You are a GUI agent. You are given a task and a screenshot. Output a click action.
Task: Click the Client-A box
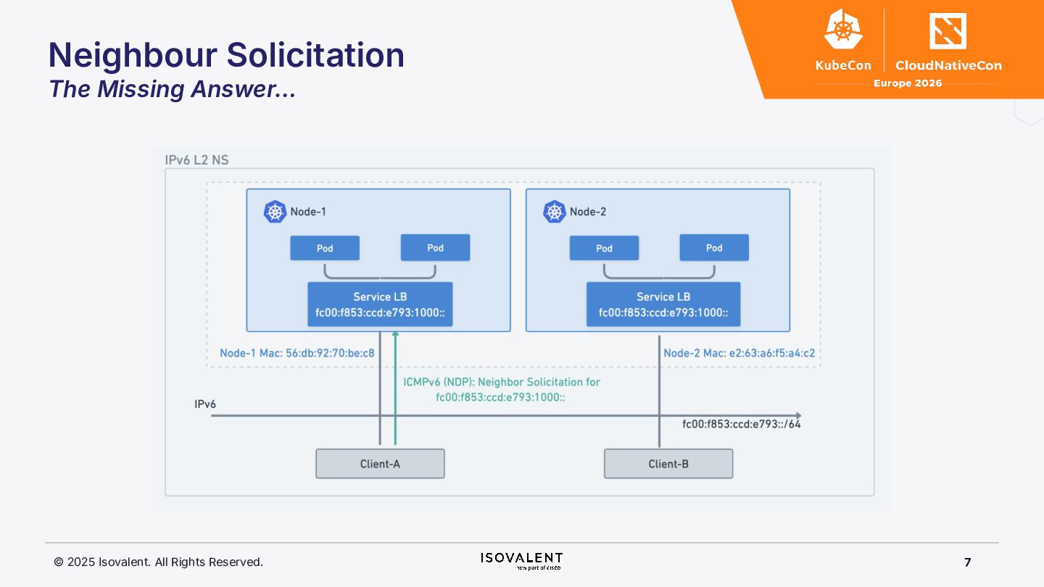380,464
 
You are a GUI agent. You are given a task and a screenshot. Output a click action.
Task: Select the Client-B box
668,464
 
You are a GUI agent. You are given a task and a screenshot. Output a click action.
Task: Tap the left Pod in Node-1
325,248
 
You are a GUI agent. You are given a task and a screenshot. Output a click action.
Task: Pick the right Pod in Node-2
714,248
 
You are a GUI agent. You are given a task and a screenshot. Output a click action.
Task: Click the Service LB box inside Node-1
380,304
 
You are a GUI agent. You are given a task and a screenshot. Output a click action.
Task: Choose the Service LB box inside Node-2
663,304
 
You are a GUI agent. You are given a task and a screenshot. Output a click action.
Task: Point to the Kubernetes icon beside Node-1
275,212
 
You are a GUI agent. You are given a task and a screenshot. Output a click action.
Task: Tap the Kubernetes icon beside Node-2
554,212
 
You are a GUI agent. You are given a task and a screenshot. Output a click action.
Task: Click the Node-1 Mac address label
297,354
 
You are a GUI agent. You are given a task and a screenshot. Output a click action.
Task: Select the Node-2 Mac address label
739,354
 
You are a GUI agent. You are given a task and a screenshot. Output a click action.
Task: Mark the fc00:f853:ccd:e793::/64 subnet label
742,425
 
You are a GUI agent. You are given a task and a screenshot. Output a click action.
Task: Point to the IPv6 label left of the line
205,404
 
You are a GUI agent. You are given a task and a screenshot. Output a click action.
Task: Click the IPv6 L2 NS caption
197,160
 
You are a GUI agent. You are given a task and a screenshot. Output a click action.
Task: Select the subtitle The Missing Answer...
172,89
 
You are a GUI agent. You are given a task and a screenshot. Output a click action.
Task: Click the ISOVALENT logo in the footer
521,559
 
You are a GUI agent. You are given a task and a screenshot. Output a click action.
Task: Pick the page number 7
968,562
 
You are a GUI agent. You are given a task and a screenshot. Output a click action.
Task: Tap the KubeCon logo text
843,65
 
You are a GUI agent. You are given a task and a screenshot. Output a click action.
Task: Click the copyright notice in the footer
159,562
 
